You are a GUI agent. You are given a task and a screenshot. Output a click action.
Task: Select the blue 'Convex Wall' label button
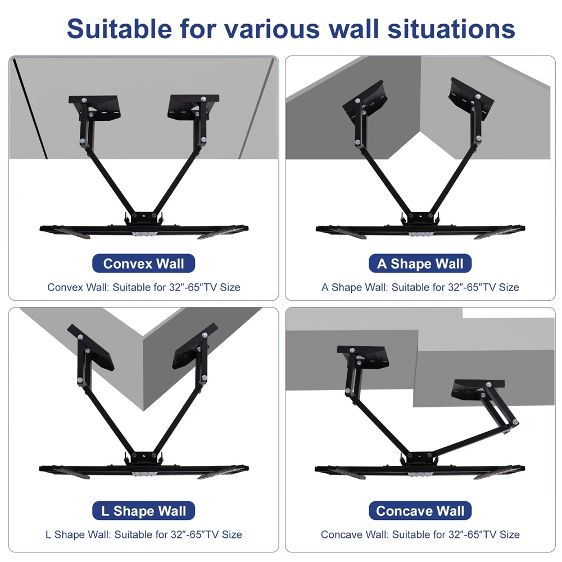pyautogui.click(x=143, y=263)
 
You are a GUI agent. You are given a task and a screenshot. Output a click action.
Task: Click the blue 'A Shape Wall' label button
pyautogui.click(x=420, y=263)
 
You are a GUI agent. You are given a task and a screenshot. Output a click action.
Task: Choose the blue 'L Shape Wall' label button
pyautogui.click(x=143, y=511)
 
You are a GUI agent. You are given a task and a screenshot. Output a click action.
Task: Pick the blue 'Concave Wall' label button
pyautogui.click(x=420, y=511)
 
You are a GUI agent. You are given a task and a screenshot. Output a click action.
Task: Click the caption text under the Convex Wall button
pyautogui.click(x=143, y=287)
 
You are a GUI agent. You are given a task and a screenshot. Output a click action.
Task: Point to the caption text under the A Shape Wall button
pyautogui.click(x=420, y=287)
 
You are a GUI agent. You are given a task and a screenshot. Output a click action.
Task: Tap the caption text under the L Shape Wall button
pyautogui.click(x=143, y=534)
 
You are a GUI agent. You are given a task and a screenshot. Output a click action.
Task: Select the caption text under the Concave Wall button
pyautogui.click(x=420, y=534)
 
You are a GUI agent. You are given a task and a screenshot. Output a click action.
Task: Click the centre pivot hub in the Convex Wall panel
pyautogui.click(x=143, y=217)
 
